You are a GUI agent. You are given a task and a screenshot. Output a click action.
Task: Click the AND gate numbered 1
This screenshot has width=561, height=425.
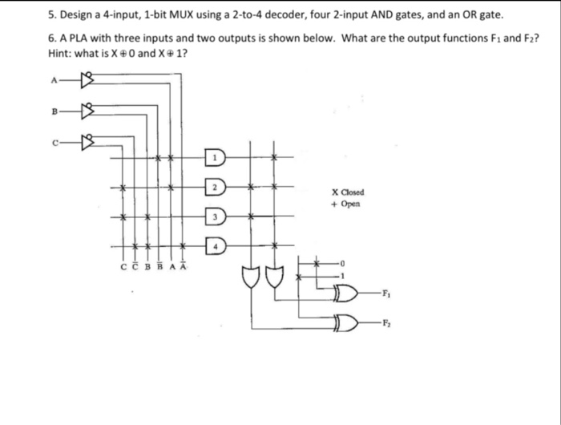click(x=216, y=158)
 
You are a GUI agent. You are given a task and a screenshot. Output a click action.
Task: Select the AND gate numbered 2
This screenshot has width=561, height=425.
click(x=216, y=187)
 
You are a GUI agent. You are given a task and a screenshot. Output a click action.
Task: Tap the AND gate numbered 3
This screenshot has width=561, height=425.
click(x=216, y=216)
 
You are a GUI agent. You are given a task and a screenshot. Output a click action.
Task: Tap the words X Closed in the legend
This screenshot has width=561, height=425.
click(x=347, y=192)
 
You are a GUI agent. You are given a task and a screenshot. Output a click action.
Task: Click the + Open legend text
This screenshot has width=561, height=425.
click(x=345, y=204)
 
